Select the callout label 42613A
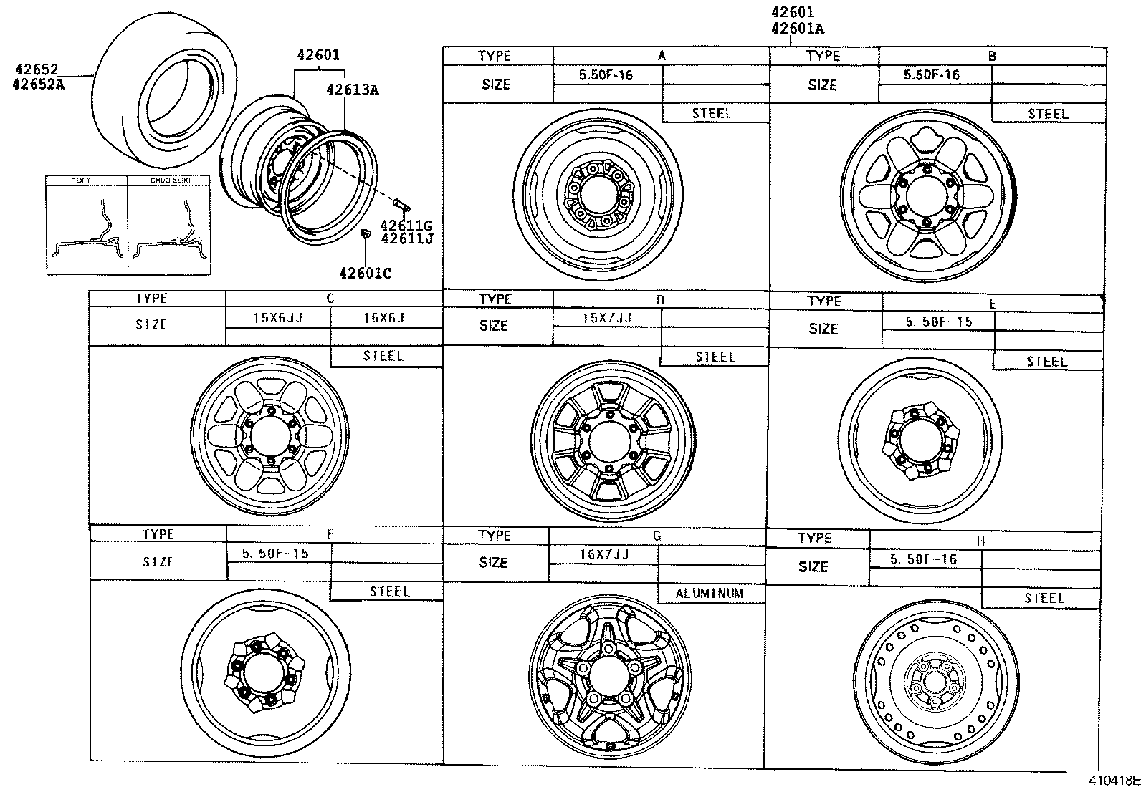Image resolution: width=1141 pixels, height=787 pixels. (352, 90)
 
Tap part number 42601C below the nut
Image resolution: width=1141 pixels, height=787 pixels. (365, 273)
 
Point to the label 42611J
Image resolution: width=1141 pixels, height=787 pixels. (406, 238)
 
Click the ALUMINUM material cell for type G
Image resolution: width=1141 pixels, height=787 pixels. (710, 594)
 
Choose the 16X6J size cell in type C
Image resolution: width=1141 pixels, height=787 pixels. (384, 317)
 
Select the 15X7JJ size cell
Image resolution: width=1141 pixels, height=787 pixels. (606, 317)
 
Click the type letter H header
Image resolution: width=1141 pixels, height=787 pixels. (980, 541)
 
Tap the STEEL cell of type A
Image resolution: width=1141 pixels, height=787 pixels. (712, 113)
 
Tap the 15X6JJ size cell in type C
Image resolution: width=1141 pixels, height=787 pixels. (278, 317)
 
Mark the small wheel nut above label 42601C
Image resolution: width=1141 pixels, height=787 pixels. (365, 233)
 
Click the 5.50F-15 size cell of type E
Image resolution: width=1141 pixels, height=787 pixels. (939, 322)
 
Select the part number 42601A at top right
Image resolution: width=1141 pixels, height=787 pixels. (797, 29)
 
